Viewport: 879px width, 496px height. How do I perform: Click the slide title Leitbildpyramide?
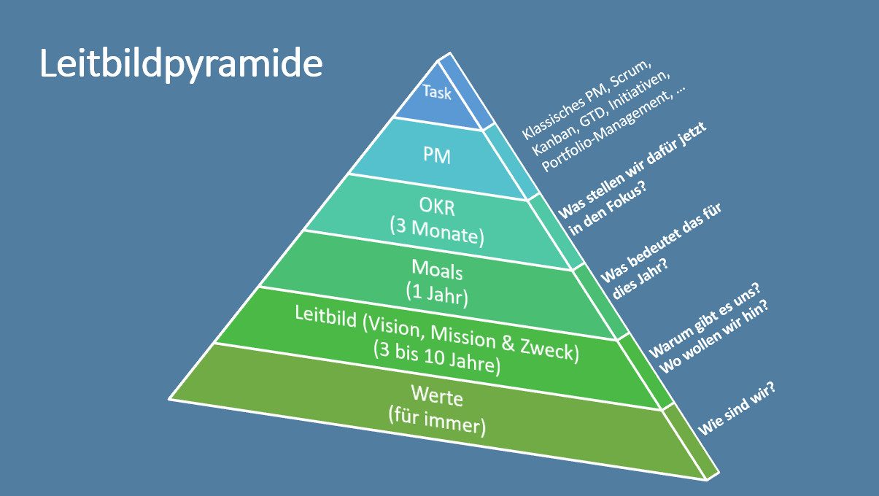point(181,66)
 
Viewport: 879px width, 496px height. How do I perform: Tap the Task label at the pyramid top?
point(437,93)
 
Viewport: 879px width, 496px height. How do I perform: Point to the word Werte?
point(437,398)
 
